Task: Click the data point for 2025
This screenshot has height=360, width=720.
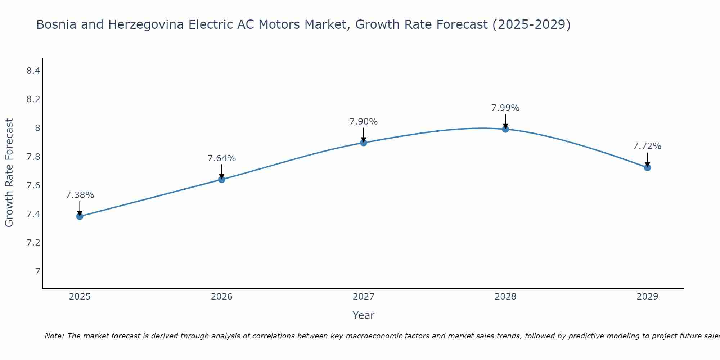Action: (x=80, y=216)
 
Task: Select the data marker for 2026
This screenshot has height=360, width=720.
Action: (x=221, y=179)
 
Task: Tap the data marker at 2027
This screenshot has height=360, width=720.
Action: (x=363, y=143)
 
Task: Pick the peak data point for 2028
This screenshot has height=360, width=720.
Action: (x=505, y=129)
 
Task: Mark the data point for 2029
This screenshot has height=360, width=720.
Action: (x=647, y=167)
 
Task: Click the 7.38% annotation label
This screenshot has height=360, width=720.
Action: (x=80, y=195)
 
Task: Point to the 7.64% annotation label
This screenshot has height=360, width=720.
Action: (x=221, y=158)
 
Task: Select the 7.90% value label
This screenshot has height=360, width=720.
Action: (x=363, y=122)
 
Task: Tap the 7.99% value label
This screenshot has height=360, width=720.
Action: (x=505, y=108)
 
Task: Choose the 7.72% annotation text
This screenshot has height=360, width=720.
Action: (x=647, y=146)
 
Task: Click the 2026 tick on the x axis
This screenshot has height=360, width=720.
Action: (x=221, y=297)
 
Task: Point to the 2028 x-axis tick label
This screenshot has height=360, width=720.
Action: (x=505, y=297)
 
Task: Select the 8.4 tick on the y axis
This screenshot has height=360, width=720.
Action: (x=33, y=71)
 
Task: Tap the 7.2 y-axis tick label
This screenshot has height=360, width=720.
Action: (x=33, y=243)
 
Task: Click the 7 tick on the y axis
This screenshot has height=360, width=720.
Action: (x=37, y=271)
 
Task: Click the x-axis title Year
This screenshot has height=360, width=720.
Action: (x=363, y=315)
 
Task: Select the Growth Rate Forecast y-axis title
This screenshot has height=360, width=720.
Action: (x=9, y=172)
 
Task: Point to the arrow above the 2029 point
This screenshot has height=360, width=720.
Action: (x=647, y=159)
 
